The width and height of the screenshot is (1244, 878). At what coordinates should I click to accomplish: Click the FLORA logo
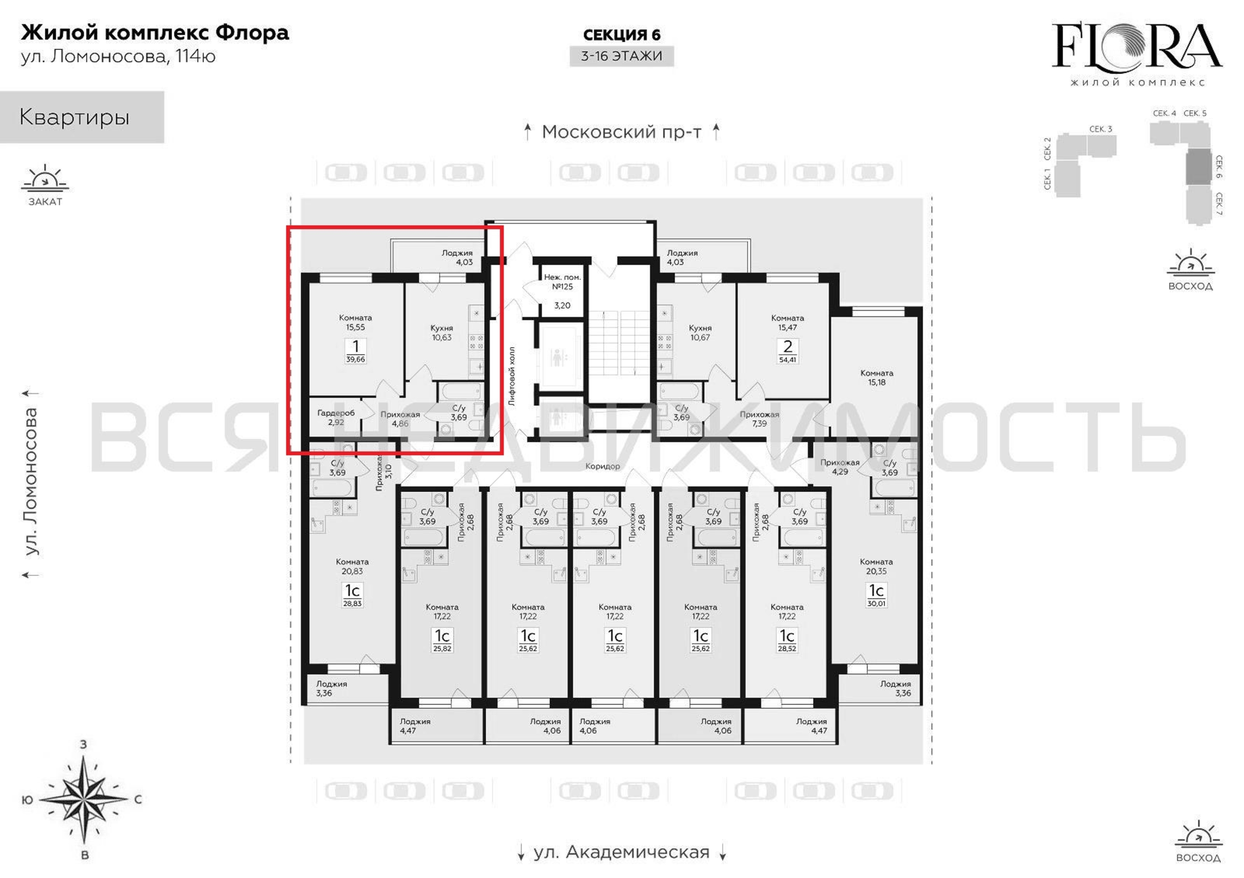(x=1137, y=54)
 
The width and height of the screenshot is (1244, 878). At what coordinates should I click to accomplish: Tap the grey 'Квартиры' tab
(x=82, y=117)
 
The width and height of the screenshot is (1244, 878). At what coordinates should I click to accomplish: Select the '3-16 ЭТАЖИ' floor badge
(x=622, y=56)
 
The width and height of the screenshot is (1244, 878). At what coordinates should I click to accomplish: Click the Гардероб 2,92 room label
(x=336, y=417)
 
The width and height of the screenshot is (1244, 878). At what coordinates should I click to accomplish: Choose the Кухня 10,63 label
(x=441, y=333)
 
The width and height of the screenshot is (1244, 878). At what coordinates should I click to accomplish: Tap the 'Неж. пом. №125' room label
(x=562, y=282)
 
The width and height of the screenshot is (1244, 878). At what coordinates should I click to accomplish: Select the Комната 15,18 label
(x=877, y=378)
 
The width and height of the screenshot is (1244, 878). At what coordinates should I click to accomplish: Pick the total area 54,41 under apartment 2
(x=787, y=360)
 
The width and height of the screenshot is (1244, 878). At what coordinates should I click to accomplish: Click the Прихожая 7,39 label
(x=759, y=419)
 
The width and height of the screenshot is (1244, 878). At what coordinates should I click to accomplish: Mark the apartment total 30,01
(x=876, y=603)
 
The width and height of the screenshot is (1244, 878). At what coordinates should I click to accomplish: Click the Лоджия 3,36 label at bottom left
(x=331, y=688)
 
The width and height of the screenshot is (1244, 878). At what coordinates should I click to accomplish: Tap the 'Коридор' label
(x=603, y=466)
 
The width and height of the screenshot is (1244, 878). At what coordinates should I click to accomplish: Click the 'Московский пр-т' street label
(x=622, y=132)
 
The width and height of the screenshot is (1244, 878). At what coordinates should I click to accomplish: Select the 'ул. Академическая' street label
(x=622, y=852)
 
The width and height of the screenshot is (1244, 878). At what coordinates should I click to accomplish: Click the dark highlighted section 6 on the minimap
(x=1198, y=167)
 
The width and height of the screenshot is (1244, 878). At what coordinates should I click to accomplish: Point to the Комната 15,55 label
(x=355, y=323)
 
